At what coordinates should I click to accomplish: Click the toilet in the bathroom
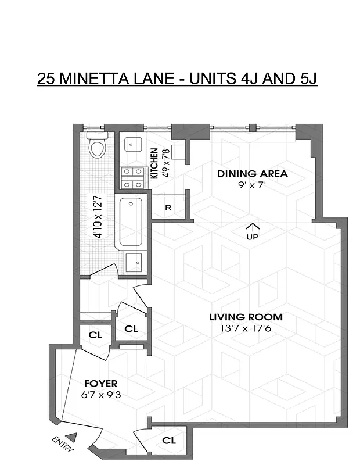coord(97,148)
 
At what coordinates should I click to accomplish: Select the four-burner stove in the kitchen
coord(132,178)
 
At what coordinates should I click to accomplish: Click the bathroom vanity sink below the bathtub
coord(134,262)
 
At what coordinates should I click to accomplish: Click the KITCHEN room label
coord(154,163)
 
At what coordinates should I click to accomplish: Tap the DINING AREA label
coord(252,174)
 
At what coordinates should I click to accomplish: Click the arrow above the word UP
coord(253,226)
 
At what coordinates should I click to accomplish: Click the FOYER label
coord(100,384)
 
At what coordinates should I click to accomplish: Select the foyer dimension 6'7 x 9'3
coord(100,395)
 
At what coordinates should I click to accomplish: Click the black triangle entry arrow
coord(71,437)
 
